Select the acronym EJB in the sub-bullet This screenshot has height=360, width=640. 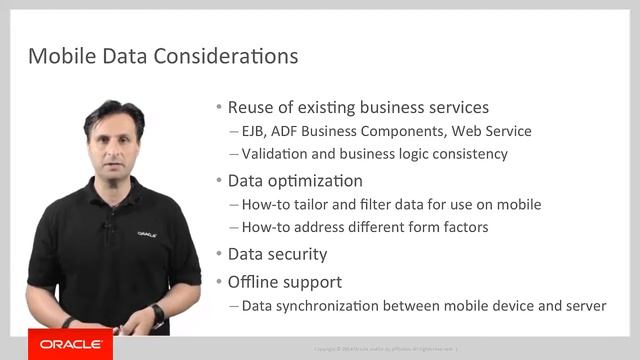coord(256,131)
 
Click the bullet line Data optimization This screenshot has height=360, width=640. coord(295,181)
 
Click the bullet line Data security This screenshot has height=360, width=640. coord(277,254)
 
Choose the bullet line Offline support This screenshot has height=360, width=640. coord(285,282)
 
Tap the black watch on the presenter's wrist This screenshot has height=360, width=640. coord(158,312)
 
